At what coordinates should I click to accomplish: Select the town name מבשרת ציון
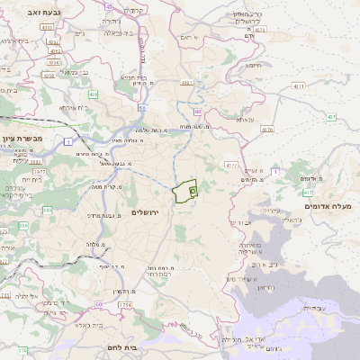[22, 138]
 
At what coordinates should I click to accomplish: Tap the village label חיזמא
[253, 65]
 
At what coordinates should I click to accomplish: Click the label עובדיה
[314, 308]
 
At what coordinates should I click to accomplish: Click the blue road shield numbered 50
[142, 107]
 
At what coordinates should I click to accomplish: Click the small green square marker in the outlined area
[193, 191]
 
